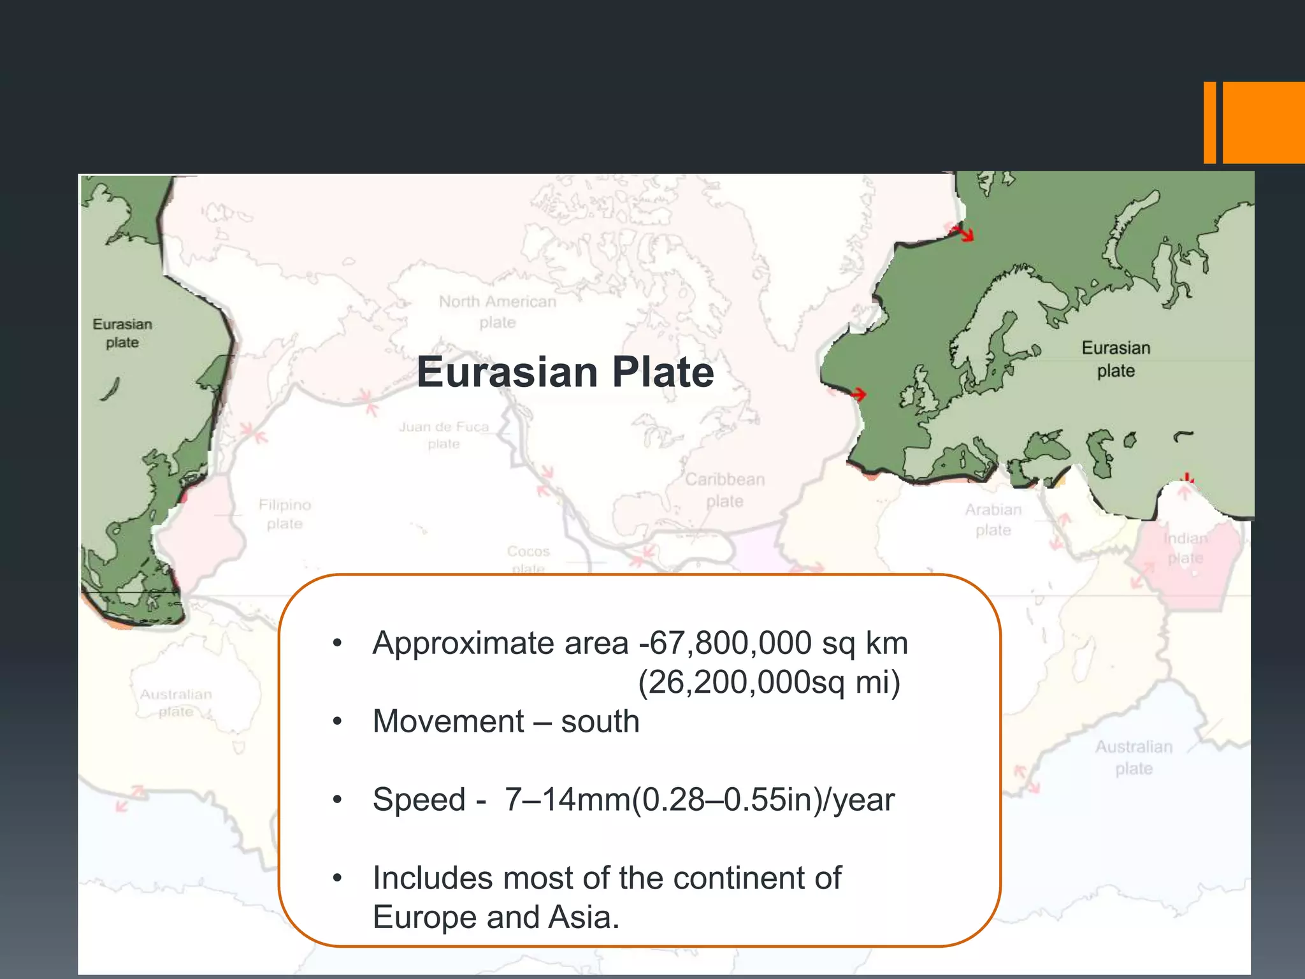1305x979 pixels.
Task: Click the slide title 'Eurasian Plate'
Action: (565, 372)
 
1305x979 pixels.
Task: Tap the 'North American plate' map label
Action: (497, 312)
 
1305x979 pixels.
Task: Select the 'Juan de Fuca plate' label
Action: (443, 435)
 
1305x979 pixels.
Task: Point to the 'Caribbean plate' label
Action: (725, 489)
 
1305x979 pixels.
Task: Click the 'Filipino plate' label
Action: (284, 514)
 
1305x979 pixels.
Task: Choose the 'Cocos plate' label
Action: (528, 558)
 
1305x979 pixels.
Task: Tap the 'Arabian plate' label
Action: (993, 519)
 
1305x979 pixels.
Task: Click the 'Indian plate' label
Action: (1185, 548)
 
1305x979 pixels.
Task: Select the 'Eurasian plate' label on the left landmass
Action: (122, 333)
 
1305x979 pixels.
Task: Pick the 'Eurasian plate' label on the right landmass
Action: (1116, 359)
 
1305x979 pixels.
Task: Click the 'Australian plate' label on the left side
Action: (176, 702)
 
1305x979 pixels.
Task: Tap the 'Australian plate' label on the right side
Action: (1134, 757)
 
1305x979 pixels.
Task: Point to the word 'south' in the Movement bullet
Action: (600, 722)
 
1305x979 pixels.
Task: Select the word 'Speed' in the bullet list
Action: (419, 799)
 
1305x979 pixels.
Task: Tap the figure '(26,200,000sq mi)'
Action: (769, 682)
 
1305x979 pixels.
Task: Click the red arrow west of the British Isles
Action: (858, 395)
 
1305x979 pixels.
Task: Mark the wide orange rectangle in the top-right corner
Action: (1263, 122)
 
